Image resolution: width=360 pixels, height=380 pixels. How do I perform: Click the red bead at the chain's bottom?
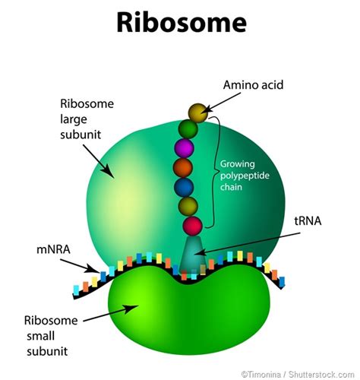pos(193,225)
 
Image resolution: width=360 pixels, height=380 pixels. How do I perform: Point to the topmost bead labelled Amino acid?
pos(197,113)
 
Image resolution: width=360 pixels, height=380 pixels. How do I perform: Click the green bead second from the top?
pos(188,128)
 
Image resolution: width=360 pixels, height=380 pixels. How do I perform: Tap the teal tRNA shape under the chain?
pos(194,255)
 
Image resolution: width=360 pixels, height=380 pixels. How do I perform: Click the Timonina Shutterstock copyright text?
pos(298,373)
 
